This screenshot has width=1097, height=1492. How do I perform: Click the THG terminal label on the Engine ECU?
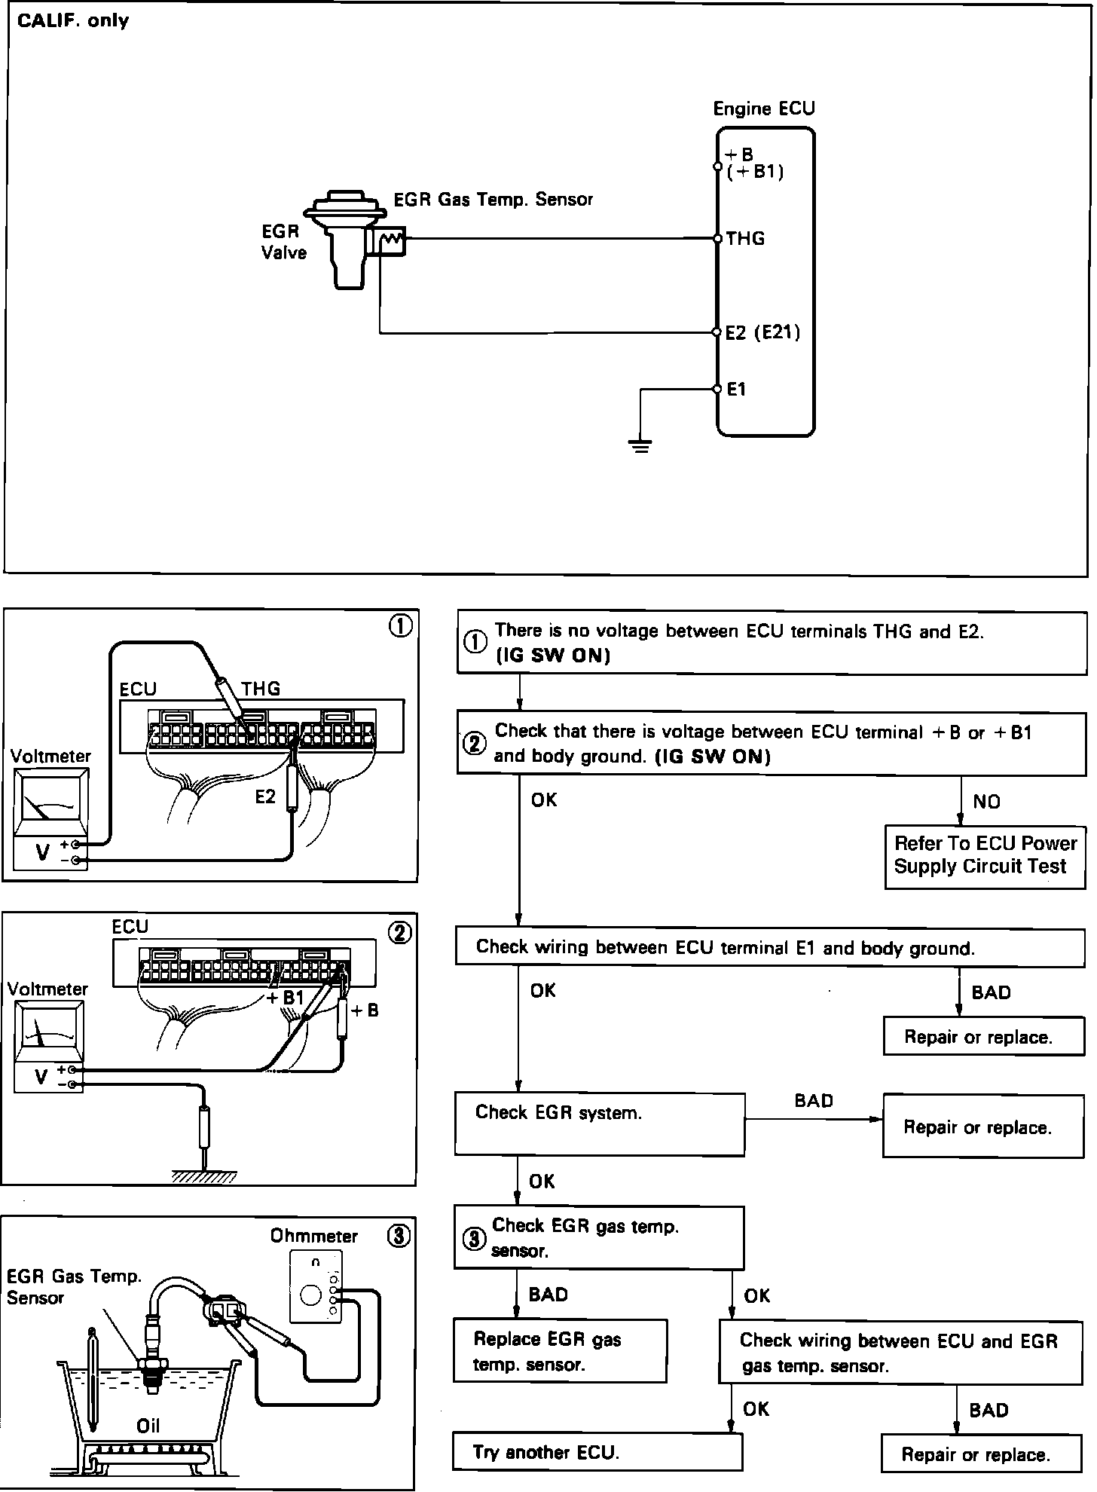745,239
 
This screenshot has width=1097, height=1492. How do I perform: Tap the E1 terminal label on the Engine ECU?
736,390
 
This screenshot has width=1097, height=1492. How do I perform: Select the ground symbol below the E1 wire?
640,446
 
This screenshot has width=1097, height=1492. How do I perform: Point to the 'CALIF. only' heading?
73,20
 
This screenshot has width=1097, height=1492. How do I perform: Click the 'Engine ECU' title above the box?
763,109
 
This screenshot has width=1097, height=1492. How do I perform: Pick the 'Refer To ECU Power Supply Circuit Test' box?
984,855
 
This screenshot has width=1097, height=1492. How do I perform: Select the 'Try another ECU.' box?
597,1451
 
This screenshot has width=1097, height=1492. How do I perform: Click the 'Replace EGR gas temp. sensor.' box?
559,1351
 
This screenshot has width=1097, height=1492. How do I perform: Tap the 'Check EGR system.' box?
599,1124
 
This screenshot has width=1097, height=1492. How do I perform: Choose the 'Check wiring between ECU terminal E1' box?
769,947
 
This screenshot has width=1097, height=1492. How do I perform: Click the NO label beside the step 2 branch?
986,802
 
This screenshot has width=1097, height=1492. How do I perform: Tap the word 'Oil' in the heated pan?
148,1426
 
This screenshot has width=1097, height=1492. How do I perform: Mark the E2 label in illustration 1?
265,797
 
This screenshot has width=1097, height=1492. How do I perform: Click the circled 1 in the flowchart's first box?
475,643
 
